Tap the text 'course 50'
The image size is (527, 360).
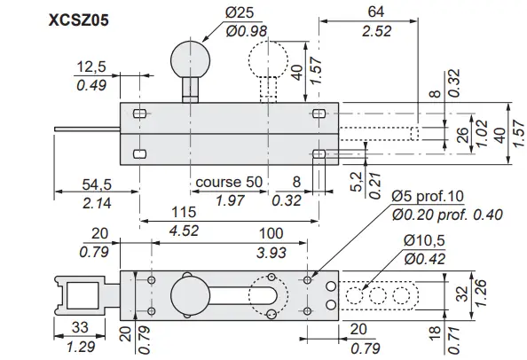point(228,181)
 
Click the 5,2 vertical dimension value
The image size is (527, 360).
point(356,183)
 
